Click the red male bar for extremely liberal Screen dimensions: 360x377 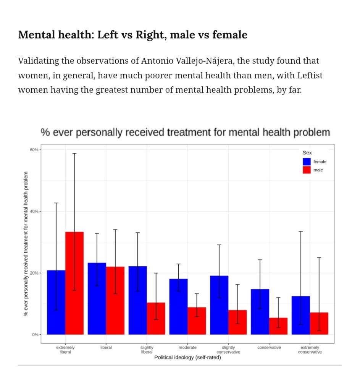click(x=74, y=283)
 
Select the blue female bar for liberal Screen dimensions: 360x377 click(x=97, y=299)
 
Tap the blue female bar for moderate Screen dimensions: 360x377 click(x=178, y=307)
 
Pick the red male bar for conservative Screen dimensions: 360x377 click(x=278, y=326)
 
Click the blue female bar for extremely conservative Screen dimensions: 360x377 click(x=301, y=315)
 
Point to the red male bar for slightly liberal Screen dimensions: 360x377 click(x=156, y=318)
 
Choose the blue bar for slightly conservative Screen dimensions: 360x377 click(x=219, y=305)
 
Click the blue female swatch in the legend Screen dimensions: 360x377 click(x=307, y=162)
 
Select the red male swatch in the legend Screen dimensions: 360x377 click(x=307, y=170)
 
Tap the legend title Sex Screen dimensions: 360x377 click(x=307, y=153)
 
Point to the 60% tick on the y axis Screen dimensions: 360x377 click(x=34, y=150)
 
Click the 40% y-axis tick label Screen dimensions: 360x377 click(x=34, y=211)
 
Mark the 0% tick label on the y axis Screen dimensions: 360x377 click(x=35, y=335)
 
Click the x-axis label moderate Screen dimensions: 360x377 click(x=187, y=348)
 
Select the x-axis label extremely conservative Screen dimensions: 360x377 click(x=310, y=349)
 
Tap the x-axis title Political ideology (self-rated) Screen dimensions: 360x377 click(x=187, y=358)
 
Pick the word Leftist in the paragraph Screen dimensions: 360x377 click(x=310, y=76)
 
